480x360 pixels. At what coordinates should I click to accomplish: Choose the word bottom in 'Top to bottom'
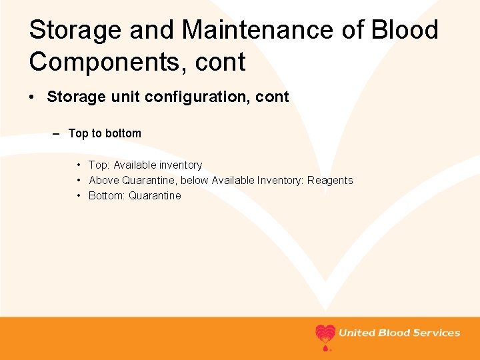(x=123, y=133)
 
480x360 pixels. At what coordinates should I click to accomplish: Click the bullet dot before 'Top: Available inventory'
(x=79, y=165)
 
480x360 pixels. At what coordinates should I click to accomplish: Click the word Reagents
(x=330, y=180)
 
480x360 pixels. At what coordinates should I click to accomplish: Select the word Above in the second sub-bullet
(x=104, y=180)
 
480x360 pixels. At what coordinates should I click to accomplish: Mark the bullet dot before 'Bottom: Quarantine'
(x=79, y=195)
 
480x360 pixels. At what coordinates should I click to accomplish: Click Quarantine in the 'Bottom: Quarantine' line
(x=155, y=195)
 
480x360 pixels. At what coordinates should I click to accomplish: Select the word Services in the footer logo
(x=436, y=333)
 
